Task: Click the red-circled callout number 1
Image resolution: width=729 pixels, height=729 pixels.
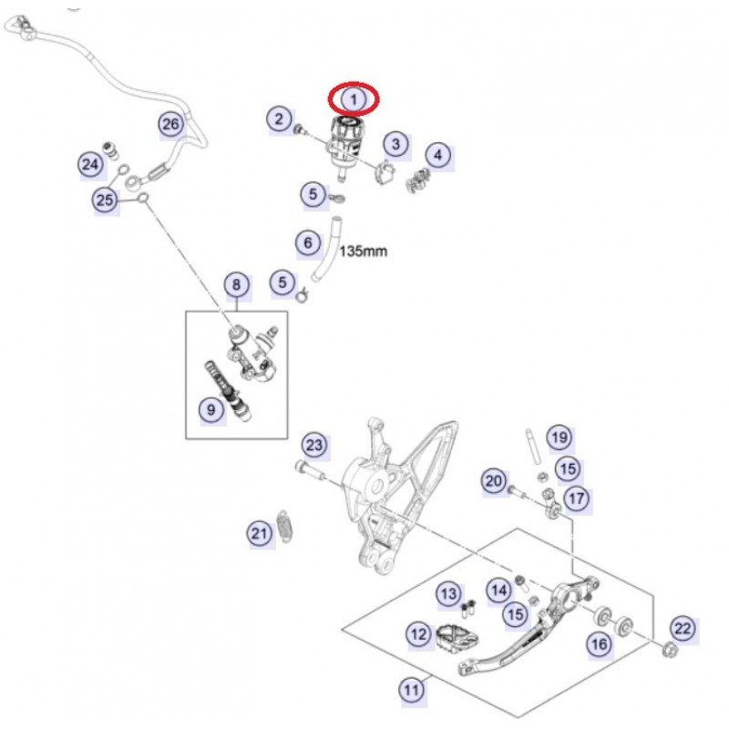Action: click(354, 98)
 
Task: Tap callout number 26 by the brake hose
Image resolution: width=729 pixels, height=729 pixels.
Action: click(171, 124)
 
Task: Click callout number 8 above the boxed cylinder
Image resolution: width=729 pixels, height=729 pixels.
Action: click(236, 285)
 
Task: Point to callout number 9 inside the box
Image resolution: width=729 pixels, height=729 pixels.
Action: click(210, 410)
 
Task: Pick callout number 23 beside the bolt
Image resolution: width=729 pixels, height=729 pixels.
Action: click(313, 446)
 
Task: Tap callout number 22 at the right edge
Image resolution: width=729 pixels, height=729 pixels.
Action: click(683, 627)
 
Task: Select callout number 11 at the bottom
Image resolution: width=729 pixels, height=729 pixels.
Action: click(413, 690)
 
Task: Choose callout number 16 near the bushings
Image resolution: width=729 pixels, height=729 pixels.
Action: click(599, 644)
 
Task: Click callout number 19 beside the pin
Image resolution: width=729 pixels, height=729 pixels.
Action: click(558, 438)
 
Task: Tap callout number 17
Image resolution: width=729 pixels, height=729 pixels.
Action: click(577, 498)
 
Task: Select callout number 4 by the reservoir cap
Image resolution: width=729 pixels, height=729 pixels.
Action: click(438, 155)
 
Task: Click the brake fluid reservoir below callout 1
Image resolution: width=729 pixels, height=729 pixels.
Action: click(344, 137)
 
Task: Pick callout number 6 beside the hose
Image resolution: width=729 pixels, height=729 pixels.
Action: click(308, 242)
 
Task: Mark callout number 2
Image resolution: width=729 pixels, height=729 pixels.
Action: click(279, 118)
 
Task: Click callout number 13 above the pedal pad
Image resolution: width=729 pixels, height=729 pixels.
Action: click(448, 595)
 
